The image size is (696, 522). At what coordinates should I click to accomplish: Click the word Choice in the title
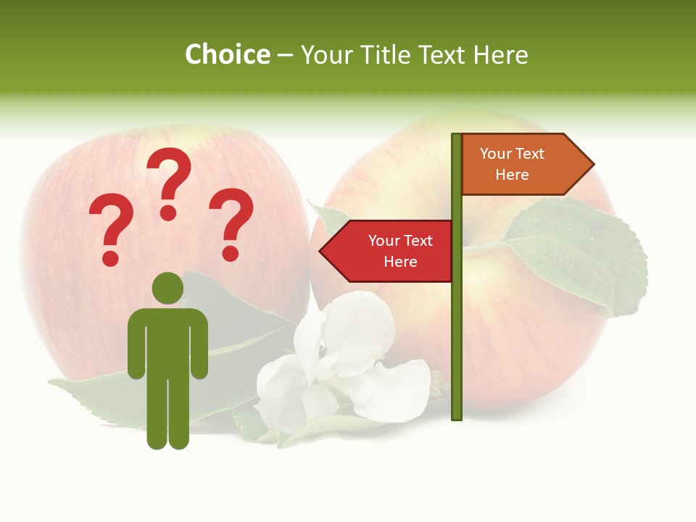point(227,54)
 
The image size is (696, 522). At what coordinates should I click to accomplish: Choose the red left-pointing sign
point(388,251)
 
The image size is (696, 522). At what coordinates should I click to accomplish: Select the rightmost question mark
point(231,221)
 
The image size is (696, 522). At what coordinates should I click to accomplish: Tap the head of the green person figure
point(167,289)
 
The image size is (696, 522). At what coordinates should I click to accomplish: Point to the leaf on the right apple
point(580,254)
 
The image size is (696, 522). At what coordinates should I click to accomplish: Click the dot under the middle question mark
point(168,212)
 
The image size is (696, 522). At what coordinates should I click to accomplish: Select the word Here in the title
point(500,55)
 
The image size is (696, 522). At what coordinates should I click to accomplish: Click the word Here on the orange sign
point(512,175)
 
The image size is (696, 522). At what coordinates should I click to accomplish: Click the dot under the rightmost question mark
point(231,253)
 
